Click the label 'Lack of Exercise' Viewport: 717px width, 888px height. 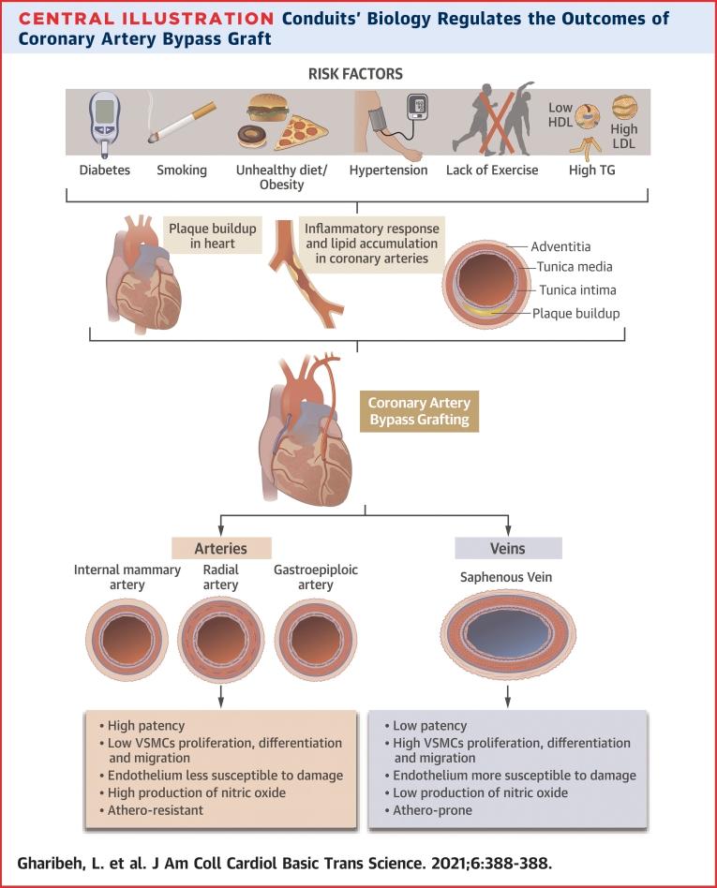tap(493, 170)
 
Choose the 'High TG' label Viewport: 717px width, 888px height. tap(593, 170)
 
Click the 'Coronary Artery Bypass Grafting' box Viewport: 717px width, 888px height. tap(420, 412)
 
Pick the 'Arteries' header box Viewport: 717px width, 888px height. tap(222, 548)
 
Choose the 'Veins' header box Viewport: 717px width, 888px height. tap(507, 548)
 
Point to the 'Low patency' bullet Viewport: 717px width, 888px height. tap(430, 725)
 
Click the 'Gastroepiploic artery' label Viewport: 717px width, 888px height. tap(317, 578)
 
